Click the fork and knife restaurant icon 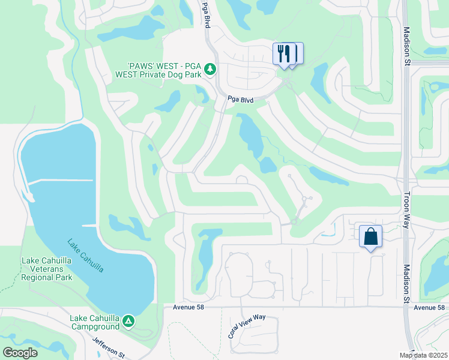pyautogui.click(x=284, y=53)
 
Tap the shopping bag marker pyautogui.click(x=371, y=236)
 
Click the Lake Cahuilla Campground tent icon pyautogui.click(x=128, y=322)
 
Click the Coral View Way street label pyautogui.click(x=247, y=325)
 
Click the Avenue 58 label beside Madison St pyautogui.click(x=429, y=307)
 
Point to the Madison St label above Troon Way pyautogui.click(x=406, y=37)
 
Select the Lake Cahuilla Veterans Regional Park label pyautogui.click(x=47, y=269)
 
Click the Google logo pyautogui.click(x=20, y=353)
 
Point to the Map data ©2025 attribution pyautogui.click(x=423, y=355)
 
